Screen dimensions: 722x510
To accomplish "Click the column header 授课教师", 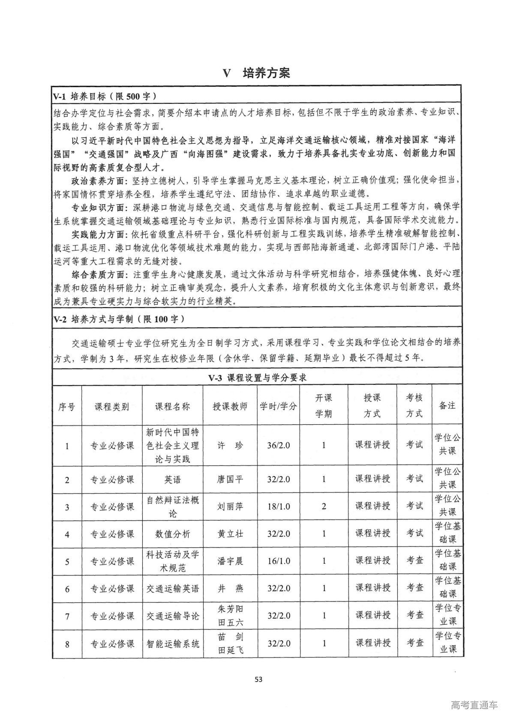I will pos(230,406).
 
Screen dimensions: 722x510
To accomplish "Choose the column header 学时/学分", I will pos(278,406).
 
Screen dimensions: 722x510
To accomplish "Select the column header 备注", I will pos(447,405).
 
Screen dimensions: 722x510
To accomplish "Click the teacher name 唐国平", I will pos(230,479).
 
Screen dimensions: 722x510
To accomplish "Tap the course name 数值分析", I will pos(172,534).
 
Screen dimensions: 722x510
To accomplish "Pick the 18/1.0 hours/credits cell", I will pos(278,507).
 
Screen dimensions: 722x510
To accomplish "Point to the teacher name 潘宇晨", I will pos(230,561).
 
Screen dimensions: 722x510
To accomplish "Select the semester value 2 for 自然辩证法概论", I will pos(324,507).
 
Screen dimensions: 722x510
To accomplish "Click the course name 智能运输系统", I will pos(172,643).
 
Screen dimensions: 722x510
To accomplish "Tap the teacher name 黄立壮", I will pos(230,534).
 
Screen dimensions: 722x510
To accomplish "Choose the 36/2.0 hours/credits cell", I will pos(278,445).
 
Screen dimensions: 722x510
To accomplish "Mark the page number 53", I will pos(258,679).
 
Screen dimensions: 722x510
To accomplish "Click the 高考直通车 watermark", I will pos(474,706).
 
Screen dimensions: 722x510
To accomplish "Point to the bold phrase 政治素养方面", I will pos(99,181).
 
